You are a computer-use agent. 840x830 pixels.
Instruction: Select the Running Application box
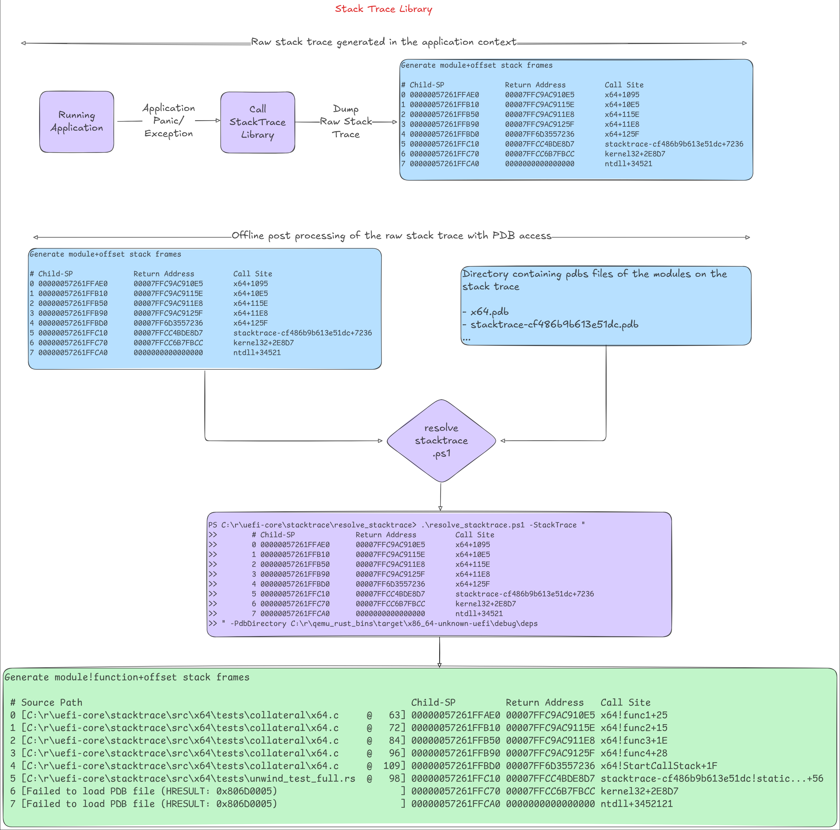[77, 122]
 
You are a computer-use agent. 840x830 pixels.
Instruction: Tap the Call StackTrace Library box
[257, 122]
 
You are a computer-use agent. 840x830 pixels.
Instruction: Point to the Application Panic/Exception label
[169, 121]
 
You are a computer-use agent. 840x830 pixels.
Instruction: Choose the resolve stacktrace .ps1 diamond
[441, 441]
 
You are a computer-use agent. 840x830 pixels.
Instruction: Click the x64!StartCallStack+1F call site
[659, 766]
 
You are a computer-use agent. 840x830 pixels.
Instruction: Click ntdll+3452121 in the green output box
[637, 804]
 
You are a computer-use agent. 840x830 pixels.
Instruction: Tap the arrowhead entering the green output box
[440, 665]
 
